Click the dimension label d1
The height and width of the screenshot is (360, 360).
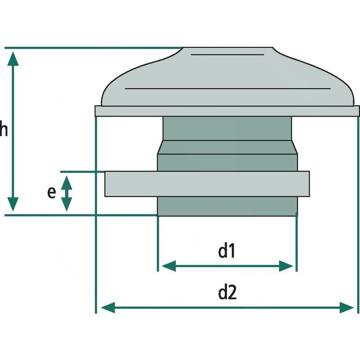click(227, 252)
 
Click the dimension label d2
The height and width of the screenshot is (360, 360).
click(227, 293)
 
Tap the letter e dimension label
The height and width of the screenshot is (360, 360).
click(51, 192)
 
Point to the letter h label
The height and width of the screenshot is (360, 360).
click(4, 130)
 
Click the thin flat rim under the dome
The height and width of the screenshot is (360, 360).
click(227, 111)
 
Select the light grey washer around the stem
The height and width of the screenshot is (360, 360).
click(207, 184)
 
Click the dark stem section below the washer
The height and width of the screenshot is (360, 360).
click(227, 206)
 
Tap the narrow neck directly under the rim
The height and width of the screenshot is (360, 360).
click(227, 128)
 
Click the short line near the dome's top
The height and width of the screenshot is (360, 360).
click(227, 55)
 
